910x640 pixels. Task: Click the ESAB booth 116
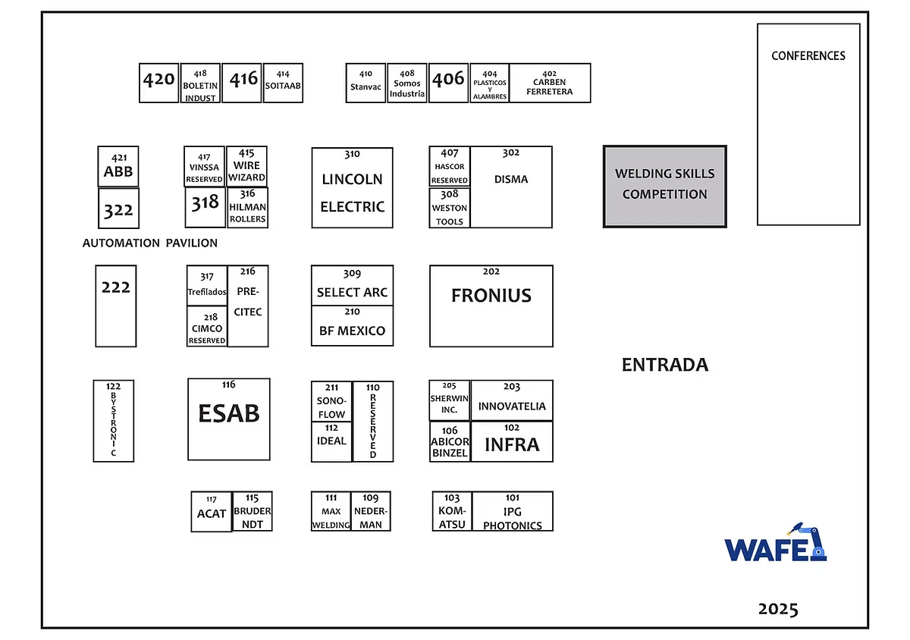click(x=228, y=419)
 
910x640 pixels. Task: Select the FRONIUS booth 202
click(x=491, y=306)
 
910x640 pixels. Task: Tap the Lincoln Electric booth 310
click(x=352, y=187)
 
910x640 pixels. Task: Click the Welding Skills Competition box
click(x=664, y=186)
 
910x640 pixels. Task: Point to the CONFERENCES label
click(x=808, y=55)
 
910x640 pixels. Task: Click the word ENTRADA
click(x=664, y=365)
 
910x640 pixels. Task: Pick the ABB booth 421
click(x=118, y=166)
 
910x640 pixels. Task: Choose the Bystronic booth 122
click(x=114, y=421)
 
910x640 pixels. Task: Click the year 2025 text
click(x=778, y=609)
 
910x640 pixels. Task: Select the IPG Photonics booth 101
click(x=512, y=511)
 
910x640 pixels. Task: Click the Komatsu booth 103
click(x=452, y=511)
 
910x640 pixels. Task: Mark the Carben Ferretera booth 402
click(x=549, y=83)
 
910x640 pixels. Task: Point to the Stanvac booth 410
click(x=366, y=83)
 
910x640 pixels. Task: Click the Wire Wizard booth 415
click(x=246, y=166)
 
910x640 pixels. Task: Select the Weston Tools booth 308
click(x=450, y=208)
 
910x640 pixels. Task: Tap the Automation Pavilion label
click(x=150, y=243)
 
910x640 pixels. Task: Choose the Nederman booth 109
click(x=371, y=511)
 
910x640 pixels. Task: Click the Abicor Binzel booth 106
click(x=450, y=441)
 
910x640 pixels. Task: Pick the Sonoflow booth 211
click(x=331, y=401)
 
